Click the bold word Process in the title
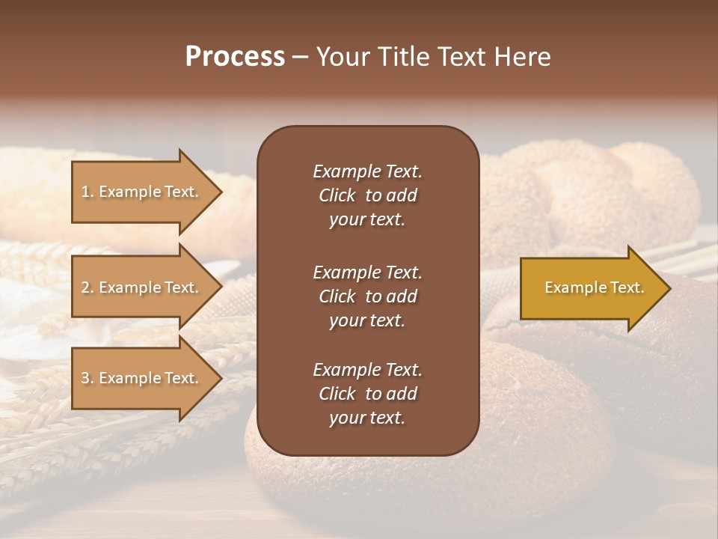click(235, 57)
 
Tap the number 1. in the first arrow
click(88, 192)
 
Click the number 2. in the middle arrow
click(88, 287)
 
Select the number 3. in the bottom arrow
click(88, 378)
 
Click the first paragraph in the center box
click(367, 195)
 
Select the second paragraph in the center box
click(367, 296)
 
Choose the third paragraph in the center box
click(367, 394)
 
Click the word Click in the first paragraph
click(337, 195)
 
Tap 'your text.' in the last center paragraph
click(367, 418)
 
